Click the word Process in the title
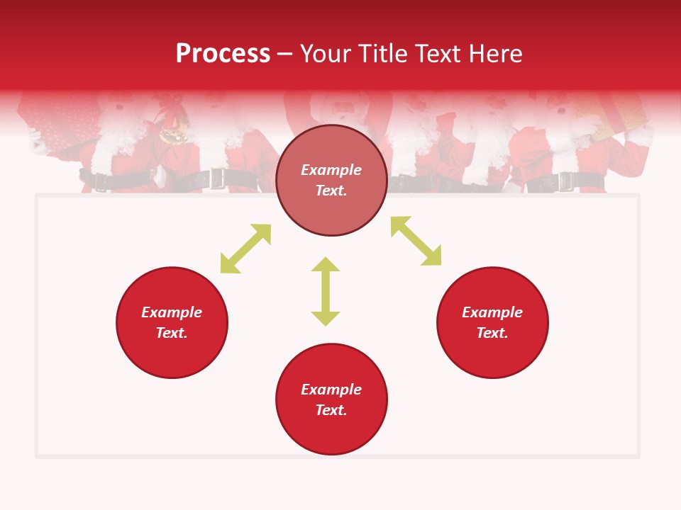pyautogui.click(x=223, y=54)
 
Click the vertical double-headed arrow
pyautogui.click(x=326, y=291)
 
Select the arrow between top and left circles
pyautogui.click(x=245, y=249)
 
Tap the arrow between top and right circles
pyautogui.click(x=416, y=242)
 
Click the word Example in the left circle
pyautogui.click(x=172, y=312)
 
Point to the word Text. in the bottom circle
pyautogui.click(x=331, y=410)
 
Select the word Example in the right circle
pyautogui.click(x=492, y=312)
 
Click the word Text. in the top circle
pyautogui.click(x=331, y=191)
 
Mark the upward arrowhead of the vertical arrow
pyautogui.click(x=326, y=265)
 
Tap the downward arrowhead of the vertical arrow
pyautogui.click(x=326, y=317)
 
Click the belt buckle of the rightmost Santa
pyautogui.click(x=566, y=181)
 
